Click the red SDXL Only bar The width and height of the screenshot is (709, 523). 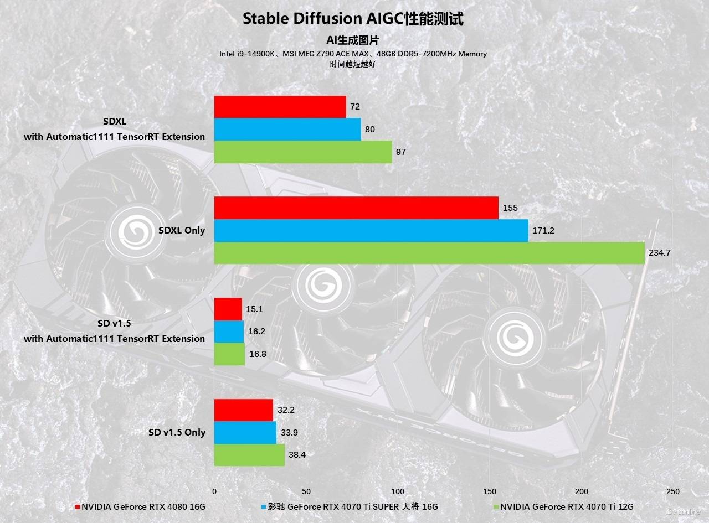pos(356,208)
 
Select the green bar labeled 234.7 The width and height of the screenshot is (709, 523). pos(429,253)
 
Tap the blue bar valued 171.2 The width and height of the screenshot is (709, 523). pos(371,230)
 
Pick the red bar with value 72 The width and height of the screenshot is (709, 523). pos(280,107)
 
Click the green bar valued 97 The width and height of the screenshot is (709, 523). pos(303,152)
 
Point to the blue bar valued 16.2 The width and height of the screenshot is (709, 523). pos(229,332)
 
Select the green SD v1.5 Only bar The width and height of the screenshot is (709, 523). pos(249,455)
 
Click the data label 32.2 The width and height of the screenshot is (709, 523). pos(285,410)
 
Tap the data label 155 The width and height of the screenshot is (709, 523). pos(511,208)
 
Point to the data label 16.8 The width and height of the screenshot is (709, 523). pos(258,354)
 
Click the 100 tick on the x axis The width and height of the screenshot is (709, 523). pos(398,491)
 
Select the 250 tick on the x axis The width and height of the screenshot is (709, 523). pos(673,491)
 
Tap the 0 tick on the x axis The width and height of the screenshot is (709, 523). pos(214,491)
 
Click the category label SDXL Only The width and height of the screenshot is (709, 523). pos(181,230)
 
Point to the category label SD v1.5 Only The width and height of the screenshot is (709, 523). pos(177,432)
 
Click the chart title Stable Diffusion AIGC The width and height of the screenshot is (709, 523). pos(353,19)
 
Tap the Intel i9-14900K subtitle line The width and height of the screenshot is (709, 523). pos(353,54)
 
